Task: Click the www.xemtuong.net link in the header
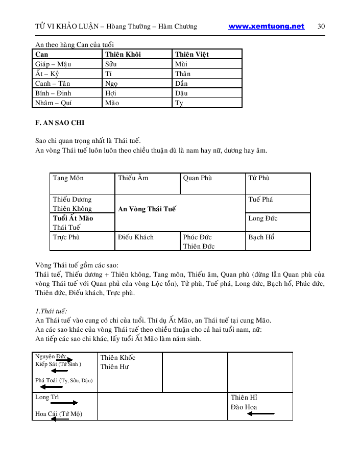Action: coord(266,27)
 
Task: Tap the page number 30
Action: coord(321,27)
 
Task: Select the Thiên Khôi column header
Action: coord(123,54)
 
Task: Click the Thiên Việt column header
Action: coord(191,54)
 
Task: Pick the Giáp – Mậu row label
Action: coord(53,64)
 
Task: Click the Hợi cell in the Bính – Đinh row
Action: coord(111,93)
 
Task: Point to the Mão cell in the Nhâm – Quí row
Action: coord(112,103)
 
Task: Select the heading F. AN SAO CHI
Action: coord(60,123)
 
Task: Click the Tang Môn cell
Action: coord(68,178)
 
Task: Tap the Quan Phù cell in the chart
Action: coord(197,178)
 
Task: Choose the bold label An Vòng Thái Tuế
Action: coord(147,209)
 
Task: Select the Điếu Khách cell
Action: coord(136,237)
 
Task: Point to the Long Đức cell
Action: coord(263,218)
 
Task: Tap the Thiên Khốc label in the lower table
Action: coord(118,358)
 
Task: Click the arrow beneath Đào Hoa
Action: coord(260,413)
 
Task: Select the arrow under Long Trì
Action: coord(64,403)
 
